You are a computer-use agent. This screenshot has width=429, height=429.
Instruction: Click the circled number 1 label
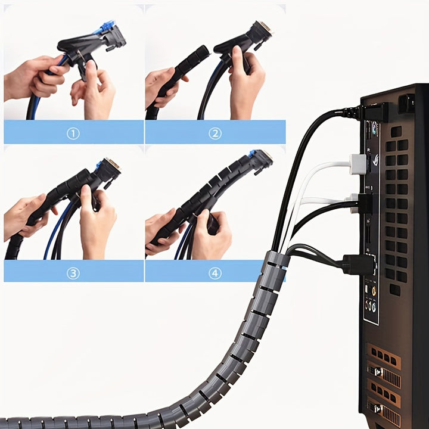click(73, 134)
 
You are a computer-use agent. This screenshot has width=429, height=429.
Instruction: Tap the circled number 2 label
click(215, 134)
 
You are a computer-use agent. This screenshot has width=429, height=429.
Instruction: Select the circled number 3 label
click(73, 273)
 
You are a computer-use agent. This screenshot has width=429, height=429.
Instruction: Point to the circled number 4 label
click(215, 273)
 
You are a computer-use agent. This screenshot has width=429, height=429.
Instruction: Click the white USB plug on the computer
click(358, 164)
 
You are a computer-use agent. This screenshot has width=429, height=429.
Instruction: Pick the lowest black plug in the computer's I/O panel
click(358, 265)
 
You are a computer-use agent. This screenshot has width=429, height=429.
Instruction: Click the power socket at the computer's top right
click(407, 104)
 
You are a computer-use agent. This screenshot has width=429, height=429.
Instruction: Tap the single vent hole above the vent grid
click(396, 132)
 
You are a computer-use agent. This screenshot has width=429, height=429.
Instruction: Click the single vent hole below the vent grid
click(395, 290)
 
